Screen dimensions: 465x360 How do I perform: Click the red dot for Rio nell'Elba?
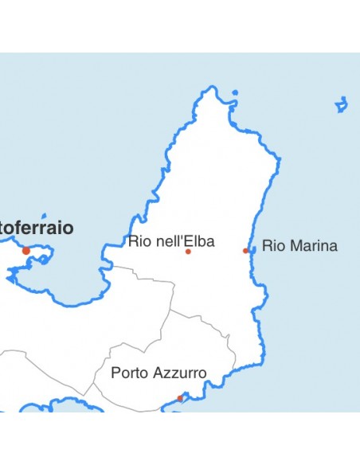coord(188,252)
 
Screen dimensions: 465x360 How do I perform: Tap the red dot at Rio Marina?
coord(245,251)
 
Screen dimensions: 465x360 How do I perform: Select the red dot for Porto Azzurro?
coord(180,398)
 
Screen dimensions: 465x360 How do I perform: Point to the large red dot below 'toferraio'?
coord(26,251)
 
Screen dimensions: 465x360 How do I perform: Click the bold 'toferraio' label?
coord(37,229)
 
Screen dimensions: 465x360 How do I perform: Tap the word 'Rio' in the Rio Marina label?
coord(271,246)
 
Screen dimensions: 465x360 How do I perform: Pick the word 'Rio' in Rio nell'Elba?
coord(137,241)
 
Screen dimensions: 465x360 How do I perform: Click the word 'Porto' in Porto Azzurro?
coord(128,373)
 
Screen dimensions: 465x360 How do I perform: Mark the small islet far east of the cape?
coord(341,104)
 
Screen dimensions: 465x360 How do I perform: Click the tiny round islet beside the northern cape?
coord(235,93)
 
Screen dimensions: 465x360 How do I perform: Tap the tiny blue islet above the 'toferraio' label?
coord(45,215)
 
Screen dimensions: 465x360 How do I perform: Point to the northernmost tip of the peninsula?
coord(212,88)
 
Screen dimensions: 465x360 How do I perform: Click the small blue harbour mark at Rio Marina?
coord(252,250)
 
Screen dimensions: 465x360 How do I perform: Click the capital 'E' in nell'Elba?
coord(190,241)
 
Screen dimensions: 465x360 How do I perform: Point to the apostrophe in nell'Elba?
coord(183,238)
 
